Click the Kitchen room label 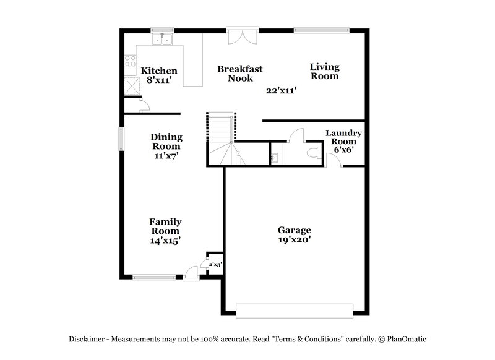(x=159, y=71)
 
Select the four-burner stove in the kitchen (x=131, y=61)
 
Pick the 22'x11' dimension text (x=281, y=90)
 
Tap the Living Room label (x=324, y=71)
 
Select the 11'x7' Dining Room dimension (x=166, y=156)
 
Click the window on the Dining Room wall (x=122, y=138)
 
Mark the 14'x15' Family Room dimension (x=165, y=240)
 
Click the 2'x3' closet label (x=215, y=264)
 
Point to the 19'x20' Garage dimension (x=294, y=239)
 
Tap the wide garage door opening (x=295, y=311)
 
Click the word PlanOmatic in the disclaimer (x=405, y=339)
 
